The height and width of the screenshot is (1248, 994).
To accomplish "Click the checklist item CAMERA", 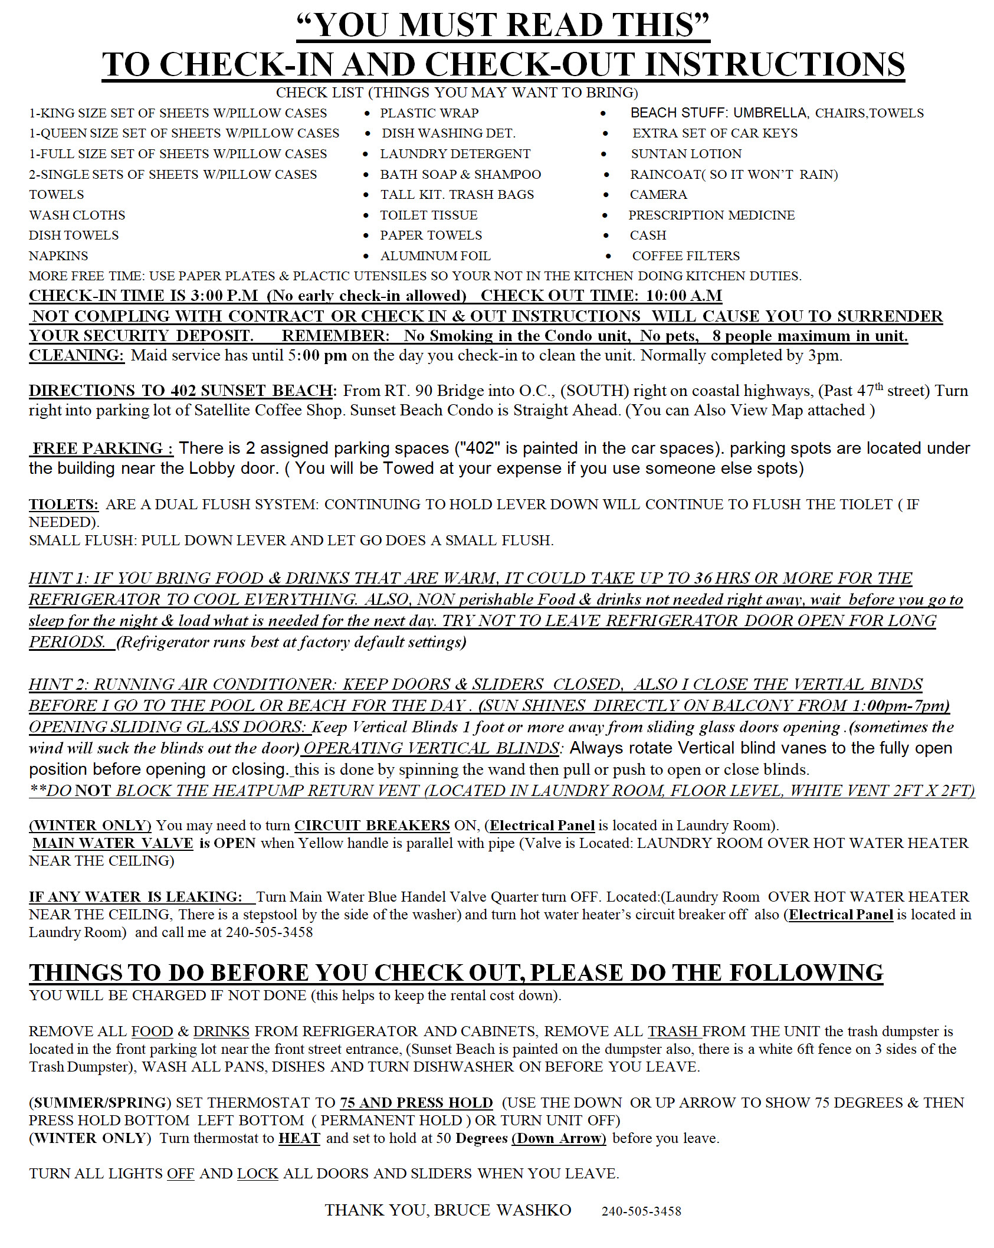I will [658, 195].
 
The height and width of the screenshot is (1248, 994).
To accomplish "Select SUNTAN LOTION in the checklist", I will [686, 154].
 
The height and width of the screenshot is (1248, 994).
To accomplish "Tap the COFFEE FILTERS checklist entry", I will [685, 256].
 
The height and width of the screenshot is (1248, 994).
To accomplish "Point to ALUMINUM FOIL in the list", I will [435, 256].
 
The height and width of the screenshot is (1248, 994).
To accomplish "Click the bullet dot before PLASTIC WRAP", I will [368, 113].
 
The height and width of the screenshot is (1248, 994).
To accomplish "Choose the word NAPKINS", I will [58, 256].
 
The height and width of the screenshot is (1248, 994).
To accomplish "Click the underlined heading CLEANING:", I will [77, 355].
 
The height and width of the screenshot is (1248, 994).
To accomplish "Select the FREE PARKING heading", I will [101, 448].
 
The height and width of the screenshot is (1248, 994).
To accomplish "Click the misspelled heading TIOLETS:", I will [64, 505].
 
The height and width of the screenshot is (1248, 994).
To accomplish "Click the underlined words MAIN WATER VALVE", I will [113, 843].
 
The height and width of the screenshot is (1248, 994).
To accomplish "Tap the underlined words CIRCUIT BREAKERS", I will [372, 826].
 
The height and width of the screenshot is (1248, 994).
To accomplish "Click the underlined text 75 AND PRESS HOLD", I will [416, 1103].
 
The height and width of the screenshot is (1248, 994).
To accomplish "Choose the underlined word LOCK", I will [257, 1174].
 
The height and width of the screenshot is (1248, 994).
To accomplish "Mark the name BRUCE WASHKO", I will [503, 1210].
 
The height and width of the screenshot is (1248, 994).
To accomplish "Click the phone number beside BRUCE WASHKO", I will [641, 1211].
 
